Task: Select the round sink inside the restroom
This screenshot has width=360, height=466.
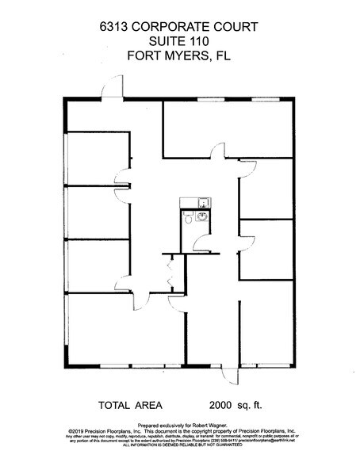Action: pos(202,216)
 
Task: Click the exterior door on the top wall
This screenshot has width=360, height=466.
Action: pos(111,90)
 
